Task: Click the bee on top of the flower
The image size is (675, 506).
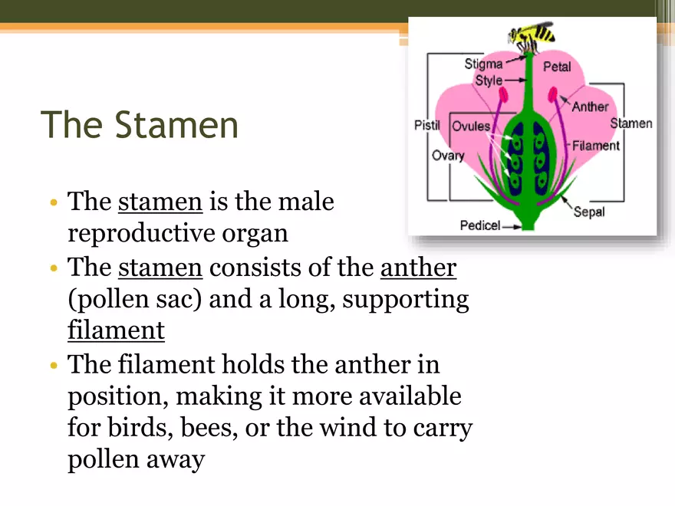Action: [531, 36]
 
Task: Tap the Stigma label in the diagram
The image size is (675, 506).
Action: [483, 64]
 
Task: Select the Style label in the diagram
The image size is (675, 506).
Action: [489, 80]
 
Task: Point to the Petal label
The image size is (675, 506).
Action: [557, 66]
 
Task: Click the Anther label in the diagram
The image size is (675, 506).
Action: [590, 107]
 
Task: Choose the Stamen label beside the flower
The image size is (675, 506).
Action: [631, 123]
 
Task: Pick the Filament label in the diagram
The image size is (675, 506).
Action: [596, 146]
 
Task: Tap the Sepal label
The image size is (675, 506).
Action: [589, 212]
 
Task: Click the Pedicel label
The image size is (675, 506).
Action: [480, 225]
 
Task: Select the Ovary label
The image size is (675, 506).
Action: [448, 156]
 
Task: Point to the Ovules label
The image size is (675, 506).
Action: [472, 126]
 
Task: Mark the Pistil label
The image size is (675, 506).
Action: [427, 125]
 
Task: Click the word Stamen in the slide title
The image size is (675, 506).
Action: [176, 125]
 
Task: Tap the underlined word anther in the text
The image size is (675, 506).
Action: [419, 268]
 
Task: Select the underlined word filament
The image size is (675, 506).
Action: [117, 330]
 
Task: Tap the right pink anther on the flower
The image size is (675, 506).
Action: [553, 94]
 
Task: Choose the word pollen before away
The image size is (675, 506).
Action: [104, 458]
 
